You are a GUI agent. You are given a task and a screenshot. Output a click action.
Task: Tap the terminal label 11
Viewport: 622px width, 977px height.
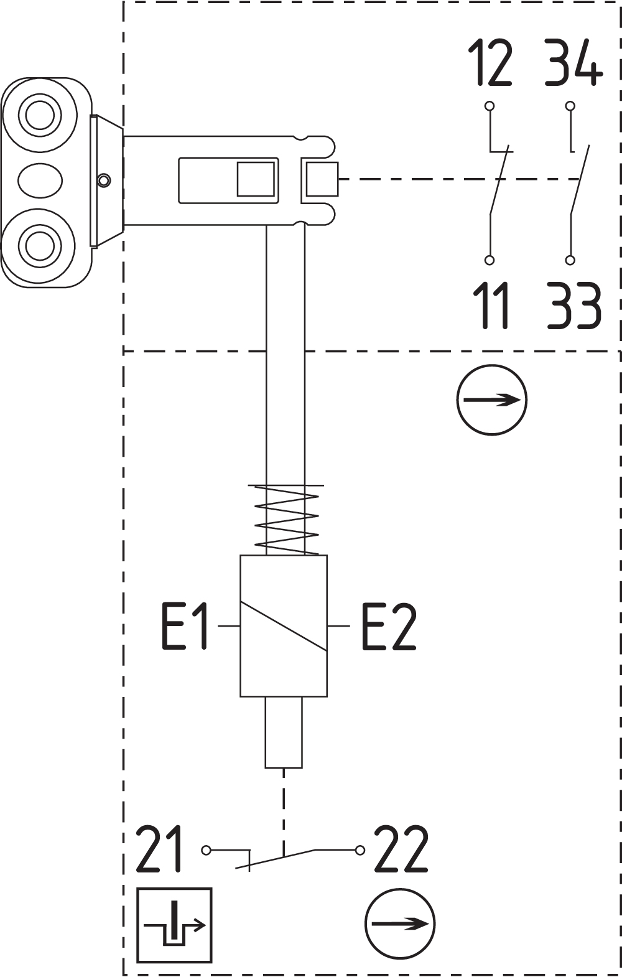coord(491,306)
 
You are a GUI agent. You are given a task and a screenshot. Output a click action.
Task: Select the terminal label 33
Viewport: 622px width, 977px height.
coord(574,306)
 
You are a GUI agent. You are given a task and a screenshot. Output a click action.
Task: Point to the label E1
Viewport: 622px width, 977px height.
coord(185,626)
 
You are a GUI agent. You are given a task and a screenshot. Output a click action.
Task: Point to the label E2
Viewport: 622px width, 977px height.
coord(389,626)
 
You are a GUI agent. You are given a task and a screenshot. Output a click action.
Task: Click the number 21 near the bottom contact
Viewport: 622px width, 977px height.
coord(160,849)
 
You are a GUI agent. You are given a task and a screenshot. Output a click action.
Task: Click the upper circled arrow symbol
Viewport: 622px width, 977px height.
coord(491,400)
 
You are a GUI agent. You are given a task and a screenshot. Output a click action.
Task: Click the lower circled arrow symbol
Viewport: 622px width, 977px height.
coord(400,923)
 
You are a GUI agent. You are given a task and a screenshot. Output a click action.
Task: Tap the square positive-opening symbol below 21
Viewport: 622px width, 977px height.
coord(174,925)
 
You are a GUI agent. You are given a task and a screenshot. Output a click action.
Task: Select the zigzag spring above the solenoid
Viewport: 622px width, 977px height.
coord(287,520)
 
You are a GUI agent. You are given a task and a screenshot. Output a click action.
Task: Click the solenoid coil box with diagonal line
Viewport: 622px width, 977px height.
coord(284,625)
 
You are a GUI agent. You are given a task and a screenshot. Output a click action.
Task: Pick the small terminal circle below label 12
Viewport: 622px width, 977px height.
coord(490,106)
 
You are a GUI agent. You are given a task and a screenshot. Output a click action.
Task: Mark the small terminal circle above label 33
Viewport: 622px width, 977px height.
coord(570,260)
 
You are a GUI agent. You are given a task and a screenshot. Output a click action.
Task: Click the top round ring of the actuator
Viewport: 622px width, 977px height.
coord(40,115)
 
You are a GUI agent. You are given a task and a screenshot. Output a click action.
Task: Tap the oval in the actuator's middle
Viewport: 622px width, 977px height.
coord(40,180)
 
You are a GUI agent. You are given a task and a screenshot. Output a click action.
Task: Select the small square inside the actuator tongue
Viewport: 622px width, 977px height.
coord(256,179)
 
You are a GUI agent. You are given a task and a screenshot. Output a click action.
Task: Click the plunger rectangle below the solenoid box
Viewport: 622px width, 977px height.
coord(284,732)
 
